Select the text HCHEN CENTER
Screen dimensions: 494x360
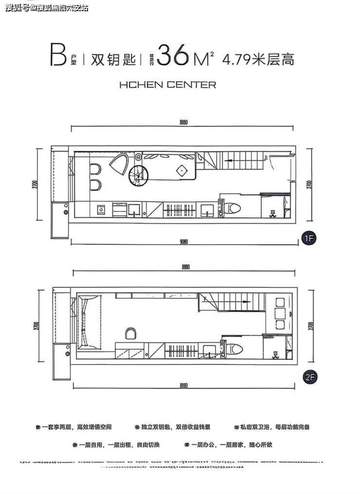[x=167, y=85]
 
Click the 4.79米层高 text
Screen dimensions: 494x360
[x=258, y=59]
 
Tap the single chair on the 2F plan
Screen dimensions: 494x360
[x=131, y=333]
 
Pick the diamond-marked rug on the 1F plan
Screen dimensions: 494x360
[x=181, y=170]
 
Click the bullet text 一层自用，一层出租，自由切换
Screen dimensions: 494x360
[x=119, y=444]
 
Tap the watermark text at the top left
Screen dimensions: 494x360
[x=47, y=7]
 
